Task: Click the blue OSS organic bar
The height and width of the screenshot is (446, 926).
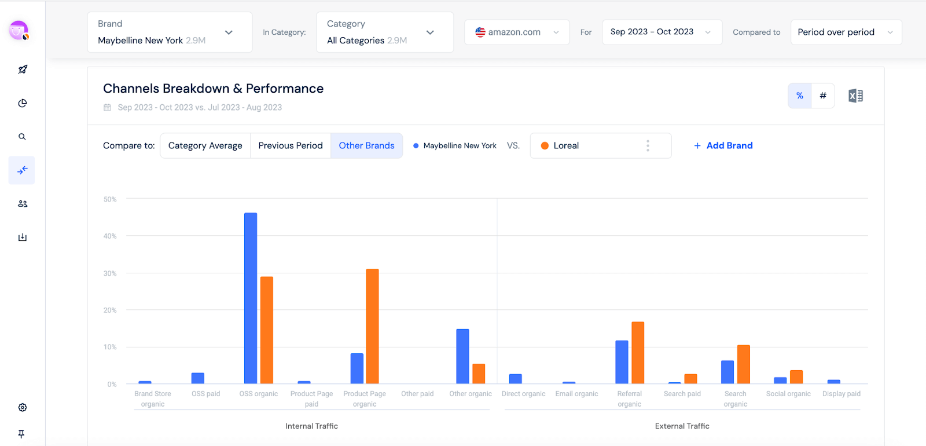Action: click(251, 298)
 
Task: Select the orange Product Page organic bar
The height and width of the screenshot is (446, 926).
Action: click(372, 326)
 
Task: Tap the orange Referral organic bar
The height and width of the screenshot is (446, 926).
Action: click(638, 353)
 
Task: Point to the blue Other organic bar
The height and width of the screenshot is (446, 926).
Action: click(462, 356)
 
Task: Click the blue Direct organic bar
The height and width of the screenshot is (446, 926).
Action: click(515, 379)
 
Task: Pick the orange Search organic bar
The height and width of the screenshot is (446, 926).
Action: click(744, 364)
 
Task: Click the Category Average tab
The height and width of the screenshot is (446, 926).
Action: click(205, 145)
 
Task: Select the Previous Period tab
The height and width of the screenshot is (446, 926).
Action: click(291, 145)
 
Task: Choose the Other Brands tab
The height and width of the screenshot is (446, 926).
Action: click(366, 145)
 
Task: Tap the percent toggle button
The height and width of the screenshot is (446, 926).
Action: click(800, 96)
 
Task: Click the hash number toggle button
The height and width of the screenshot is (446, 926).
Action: click(823, 96)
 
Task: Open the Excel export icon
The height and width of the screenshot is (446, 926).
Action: click(855, 96)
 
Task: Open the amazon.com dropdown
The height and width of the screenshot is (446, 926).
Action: click(517, 32)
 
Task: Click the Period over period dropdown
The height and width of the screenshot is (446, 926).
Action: click(846, 32)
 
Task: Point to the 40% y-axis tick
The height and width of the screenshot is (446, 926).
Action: click(110, 236)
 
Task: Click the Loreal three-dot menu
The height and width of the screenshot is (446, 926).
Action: click(648, 145)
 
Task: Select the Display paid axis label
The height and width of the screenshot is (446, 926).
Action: click(841, 394)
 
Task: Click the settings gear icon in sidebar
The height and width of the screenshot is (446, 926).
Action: click(23, 407)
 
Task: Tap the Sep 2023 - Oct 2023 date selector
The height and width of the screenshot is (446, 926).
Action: click(662, 32)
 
